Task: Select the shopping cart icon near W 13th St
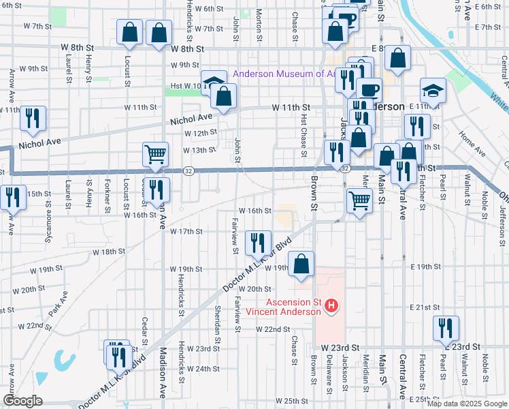click(156, 155)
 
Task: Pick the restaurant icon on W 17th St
click(258, 242)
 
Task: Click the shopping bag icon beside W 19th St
click(301, 264)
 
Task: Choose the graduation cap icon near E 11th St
click(432, 91)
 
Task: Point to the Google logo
click(22, 401)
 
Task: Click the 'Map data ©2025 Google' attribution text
click(466, 404)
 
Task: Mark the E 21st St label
click(426, 307)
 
